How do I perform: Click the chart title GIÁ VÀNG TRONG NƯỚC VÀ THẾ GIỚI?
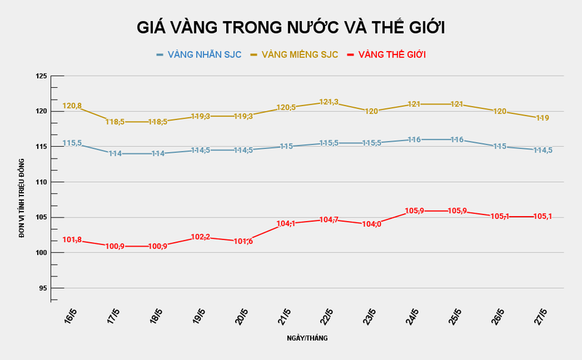tap(291, 28)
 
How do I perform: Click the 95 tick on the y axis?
tap(42, 288)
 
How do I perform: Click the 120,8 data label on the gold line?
tap(72, 106)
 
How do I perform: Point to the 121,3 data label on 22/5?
tap(329, 103)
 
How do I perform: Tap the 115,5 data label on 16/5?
tap(72, 143)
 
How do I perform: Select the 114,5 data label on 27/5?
tap(542, 151)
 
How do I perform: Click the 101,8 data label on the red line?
tap(72, 240)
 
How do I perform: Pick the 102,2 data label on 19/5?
tap(200, 237)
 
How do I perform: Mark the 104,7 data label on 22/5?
tap(329, 220)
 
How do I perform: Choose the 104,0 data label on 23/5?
tap(371, 224)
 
